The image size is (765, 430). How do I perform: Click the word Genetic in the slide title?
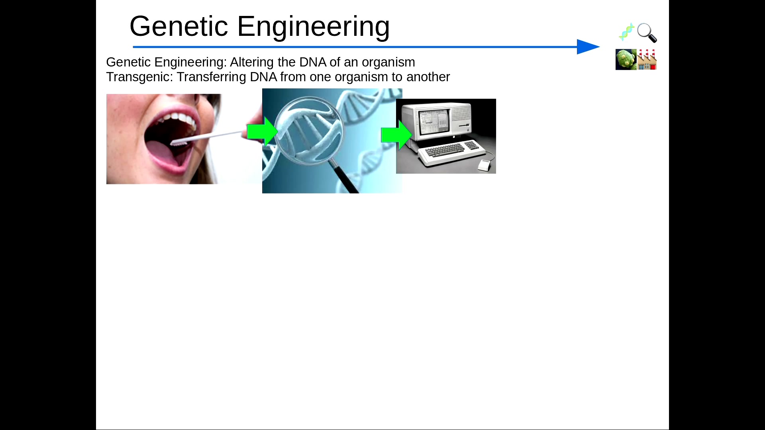pyautogui.click(x=179, y=26)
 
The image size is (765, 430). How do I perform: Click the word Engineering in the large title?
pyautogui.click(x=314, y=27)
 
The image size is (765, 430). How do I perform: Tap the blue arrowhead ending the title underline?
pyautogui.click(x=588, y=47)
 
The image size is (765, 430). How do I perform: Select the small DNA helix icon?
pyautogui.click(x=626, y=32)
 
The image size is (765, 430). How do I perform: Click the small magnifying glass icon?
pyautogui.click(x=647, y=33)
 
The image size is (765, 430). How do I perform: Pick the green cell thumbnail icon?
pyautogui.click(x=626, y=59)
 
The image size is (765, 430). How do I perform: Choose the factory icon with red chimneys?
pyautogui.click(x=647, y=59)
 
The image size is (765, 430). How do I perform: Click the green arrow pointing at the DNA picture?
pyautogui.click(x=262, y=131)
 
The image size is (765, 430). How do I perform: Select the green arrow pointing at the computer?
pyautogui.click(x=396, y=135)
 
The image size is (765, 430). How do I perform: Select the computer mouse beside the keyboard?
pyautogui.click(x=484, y=165)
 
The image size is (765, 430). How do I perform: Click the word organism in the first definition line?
pyautogui.click(x=388, y=63)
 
